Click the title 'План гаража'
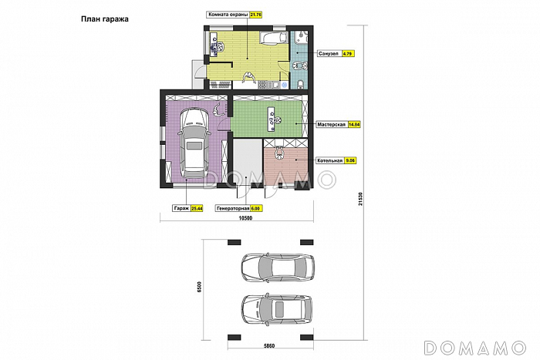[x=105, y=19]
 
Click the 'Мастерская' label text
[x=332, y=125]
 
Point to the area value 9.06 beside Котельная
[x=350, y=160]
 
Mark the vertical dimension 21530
[x=360, y=199]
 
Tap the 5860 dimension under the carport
[x=269, y=346]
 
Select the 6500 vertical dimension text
[x=199, y=287]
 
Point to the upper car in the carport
[x=278, y=268]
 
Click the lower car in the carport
[x=277, y=309]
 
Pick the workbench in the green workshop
[x=272, y=119]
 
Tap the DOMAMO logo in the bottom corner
[x=475, y=348]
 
